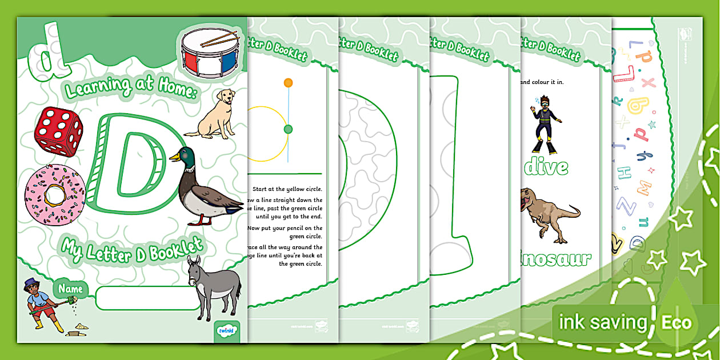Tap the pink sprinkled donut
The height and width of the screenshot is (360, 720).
55,195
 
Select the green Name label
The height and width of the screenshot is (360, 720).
70,289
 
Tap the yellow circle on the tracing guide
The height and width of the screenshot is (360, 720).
288,83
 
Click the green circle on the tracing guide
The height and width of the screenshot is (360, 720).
288,129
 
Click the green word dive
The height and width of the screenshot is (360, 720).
546,167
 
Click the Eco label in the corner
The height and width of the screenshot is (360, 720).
677,323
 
